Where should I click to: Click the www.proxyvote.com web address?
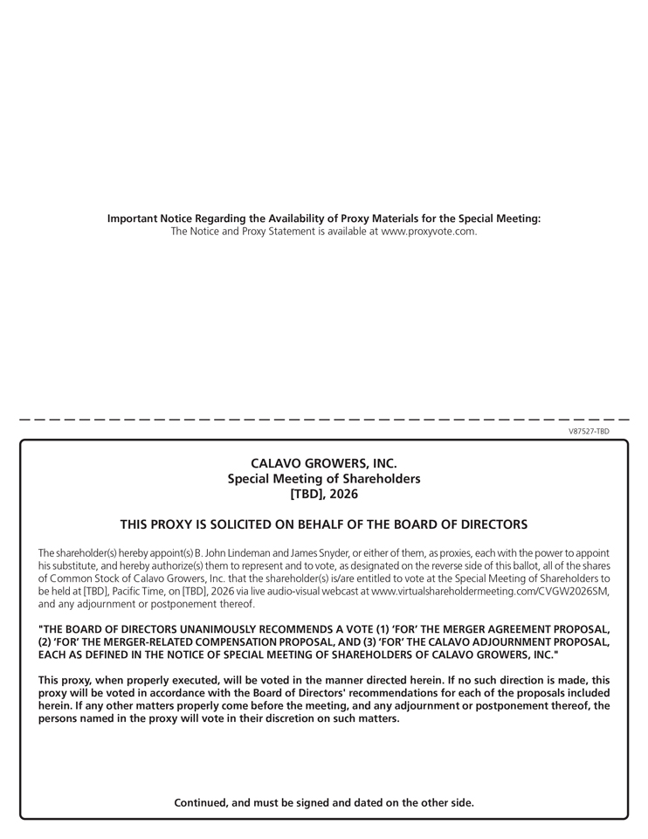pyautogui.click(x=429, y=232)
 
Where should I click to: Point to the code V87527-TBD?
pyautogui.click(x=589, y=432)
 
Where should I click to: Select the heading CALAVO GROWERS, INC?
pyautogui.click(x=324, y=463)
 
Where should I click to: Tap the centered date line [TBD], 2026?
pyautogui.click(x=324, y=494)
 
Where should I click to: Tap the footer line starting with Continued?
pyautogui.click(x=324, y=802)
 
